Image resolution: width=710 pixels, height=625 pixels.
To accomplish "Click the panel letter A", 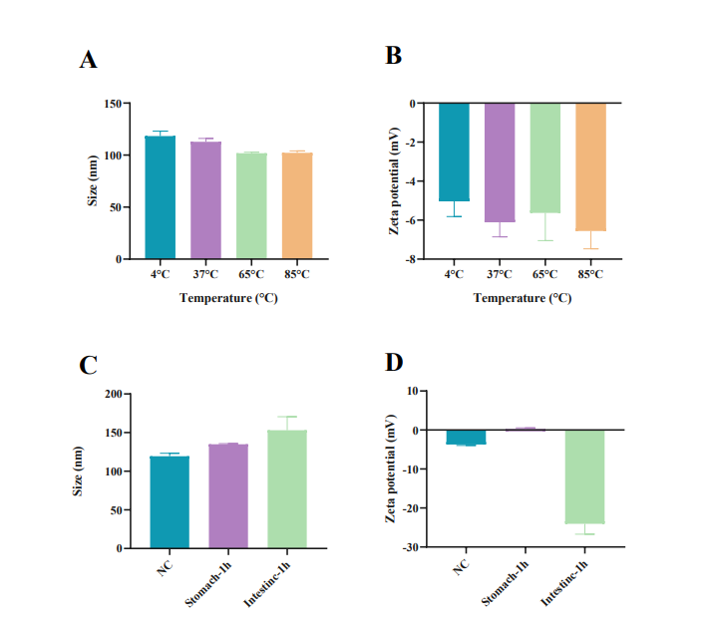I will pyautogui.click(x=89, y=60).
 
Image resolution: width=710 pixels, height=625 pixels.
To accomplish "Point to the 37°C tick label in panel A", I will pyautogui.click(x=205, y=274).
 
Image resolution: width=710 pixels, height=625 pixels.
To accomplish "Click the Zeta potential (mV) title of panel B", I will pyautogui.click(x=396, y=180).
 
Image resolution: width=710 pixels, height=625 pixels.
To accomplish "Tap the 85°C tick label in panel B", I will pyautogui.click(x=591, y=274).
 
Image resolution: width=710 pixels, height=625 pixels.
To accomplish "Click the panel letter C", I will pyautogui.click(x=89, y=365).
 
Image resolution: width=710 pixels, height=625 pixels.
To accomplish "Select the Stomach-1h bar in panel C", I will pyautogui.click(x=227, y=495).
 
